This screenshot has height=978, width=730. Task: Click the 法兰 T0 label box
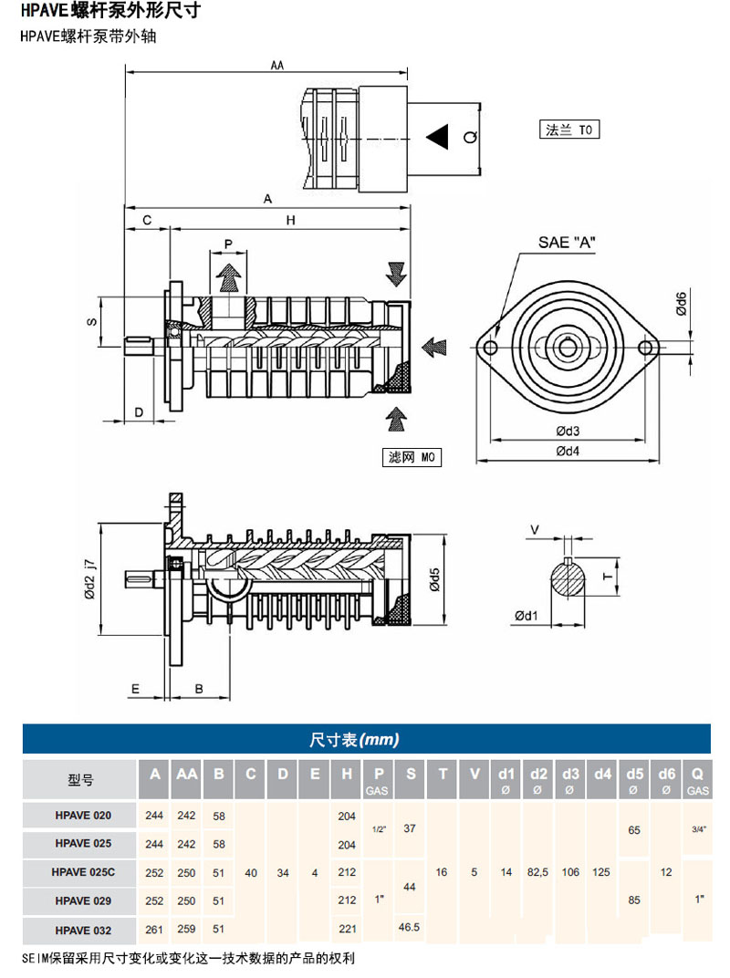[569, 130]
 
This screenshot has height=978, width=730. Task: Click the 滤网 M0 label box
[412, 457]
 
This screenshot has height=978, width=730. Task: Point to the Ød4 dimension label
[568, 449]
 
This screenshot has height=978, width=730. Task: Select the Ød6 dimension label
[682, 303]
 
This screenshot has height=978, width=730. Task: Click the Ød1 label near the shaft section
[526, 616]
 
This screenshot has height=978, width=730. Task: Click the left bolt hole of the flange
[489, 348]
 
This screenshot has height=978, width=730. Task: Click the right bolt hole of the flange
[647, 348]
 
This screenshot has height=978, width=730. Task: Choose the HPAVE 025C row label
[84, 872]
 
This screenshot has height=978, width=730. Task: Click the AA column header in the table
[187, 775]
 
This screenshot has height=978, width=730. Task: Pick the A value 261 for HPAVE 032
[156, 930]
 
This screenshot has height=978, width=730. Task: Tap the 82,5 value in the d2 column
[538, 872]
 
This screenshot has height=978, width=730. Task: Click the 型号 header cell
[80, 780]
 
